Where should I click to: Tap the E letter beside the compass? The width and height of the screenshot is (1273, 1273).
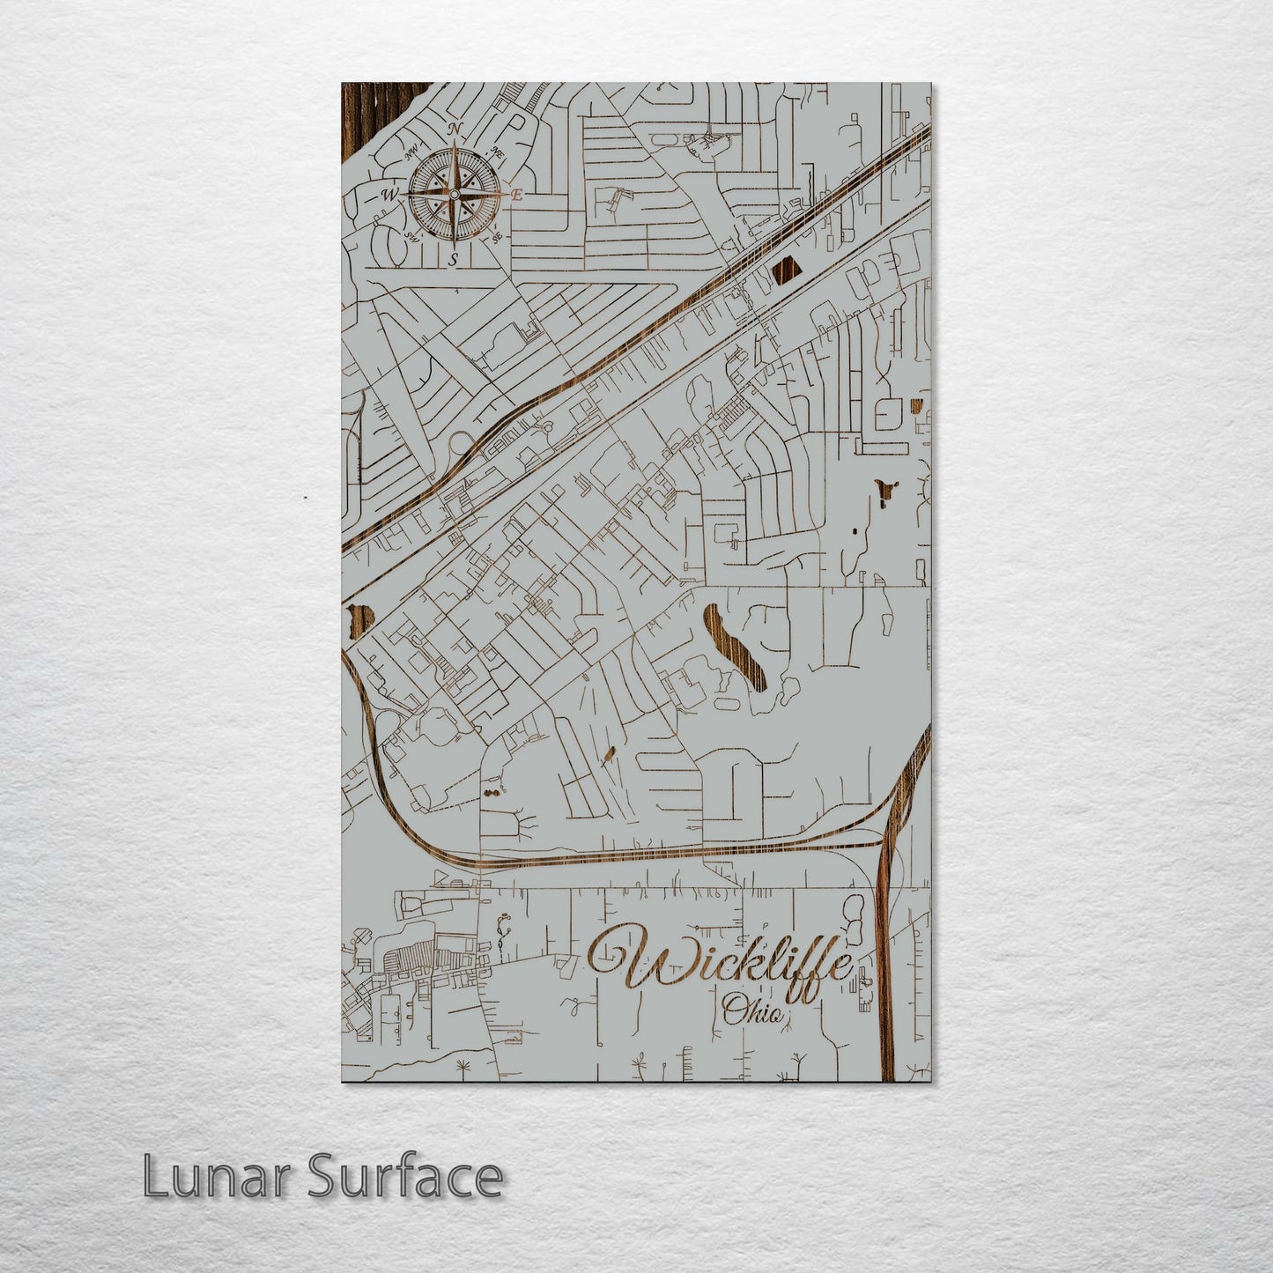(x=518, y=196)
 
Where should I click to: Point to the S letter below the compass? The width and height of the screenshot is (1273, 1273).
(x=453, y=259)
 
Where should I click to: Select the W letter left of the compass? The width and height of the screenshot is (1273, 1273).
(x=388, y=195)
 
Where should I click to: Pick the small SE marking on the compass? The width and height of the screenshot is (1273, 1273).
(x=497, y=237)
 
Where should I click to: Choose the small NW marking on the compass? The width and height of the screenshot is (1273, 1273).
(x=411, y=153)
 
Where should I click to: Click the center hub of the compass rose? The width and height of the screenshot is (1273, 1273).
(x=454, y=194)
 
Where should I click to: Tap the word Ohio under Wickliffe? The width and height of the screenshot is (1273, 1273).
(x=752, y=1012)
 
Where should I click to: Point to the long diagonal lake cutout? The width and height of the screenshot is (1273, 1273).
(x=733, y=645)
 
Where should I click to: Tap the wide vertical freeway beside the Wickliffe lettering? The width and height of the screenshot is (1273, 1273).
(x=886, y=969)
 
